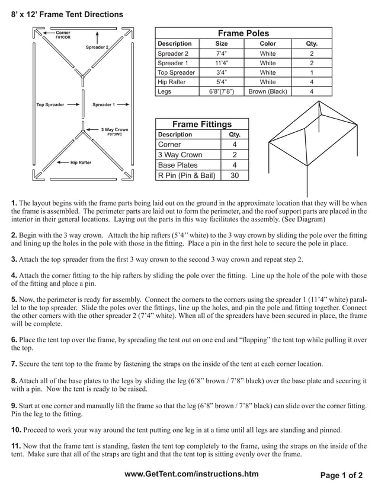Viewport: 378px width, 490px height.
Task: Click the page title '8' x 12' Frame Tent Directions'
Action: click(x=67, y=14)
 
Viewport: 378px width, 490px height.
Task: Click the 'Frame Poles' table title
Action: click(x=243, y=33)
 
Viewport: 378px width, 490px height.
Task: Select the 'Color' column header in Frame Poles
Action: click(x=268, y=43)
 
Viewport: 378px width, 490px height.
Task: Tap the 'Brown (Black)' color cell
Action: click(x=268, y=91)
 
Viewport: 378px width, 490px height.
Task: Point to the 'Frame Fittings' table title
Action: click(x=201, y=124)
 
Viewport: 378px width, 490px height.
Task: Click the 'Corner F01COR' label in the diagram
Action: click(x=63, y=35)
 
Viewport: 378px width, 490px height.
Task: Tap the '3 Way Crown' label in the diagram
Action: click(x=114, y=129)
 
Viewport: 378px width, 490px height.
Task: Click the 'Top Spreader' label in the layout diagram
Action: click(x=50, y=105)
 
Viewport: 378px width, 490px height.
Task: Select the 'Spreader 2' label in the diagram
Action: click(x=97, y=47)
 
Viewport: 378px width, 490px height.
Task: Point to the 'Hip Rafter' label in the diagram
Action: click(x=81, y=162)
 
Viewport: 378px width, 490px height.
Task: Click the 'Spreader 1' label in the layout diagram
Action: click(x=104, y=105)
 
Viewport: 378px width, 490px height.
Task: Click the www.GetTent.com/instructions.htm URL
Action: click(x=192, y=474)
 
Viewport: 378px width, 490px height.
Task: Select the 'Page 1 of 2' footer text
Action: click(x=341, y=475)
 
